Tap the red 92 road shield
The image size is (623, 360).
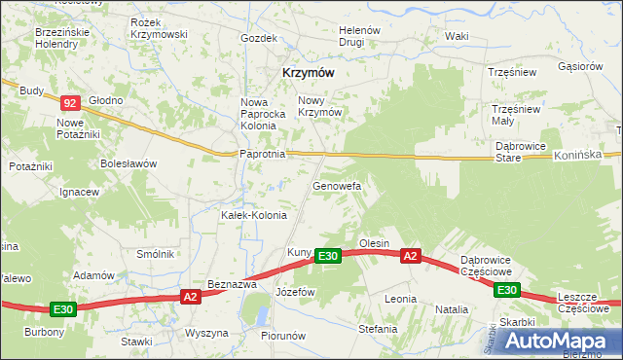click(x=69, y=102)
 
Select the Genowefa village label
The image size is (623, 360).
click(x=337, y=184)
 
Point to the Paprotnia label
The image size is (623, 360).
click(x=262, y=154)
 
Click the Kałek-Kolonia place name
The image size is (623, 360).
click(x=254, y=214)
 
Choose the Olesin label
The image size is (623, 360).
click(x=374, y=242)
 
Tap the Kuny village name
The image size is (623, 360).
click(x=298, y=253)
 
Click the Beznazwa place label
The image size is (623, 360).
click(x=232, y=284)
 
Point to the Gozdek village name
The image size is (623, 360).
click(x=259, y=38)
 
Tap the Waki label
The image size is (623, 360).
click(x=457, y=36)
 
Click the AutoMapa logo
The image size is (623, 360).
click(x=562, y=342)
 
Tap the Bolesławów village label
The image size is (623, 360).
click(x=128, y=163)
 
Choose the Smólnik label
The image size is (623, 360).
click(x=156, y=254)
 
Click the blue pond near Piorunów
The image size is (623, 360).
click(x=260, y=313)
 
